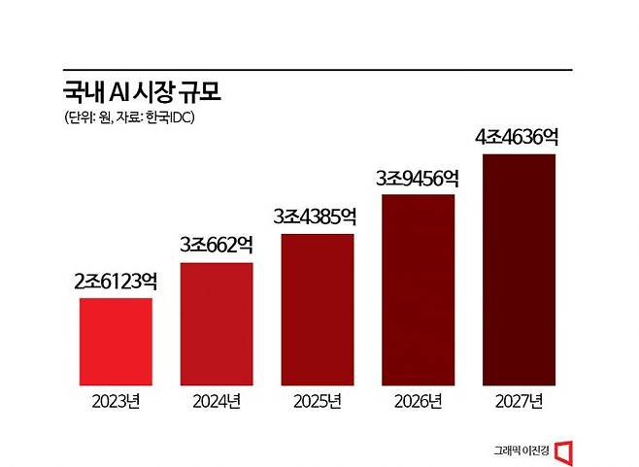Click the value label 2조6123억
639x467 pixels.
116,283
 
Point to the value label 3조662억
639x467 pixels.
217,247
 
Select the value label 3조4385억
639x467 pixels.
318,217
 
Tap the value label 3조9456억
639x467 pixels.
419,179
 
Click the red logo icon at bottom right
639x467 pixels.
570,450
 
